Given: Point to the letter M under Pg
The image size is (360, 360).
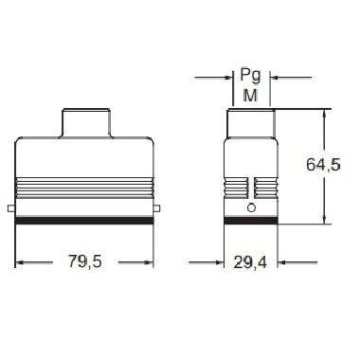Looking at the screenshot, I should point(251,95).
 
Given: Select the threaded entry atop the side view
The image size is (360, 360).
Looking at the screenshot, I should point(251,123).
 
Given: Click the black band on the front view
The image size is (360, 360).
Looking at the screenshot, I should point(85,221).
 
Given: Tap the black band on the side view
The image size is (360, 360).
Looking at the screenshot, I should point(251,221).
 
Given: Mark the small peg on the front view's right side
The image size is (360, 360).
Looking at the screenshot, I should point(160,208).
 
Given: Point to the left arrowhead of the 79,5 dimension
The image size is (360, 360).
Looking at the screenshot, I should point(21,263).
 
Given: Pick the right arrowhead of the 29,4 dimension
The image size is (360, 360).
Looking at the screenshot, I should point(275,263).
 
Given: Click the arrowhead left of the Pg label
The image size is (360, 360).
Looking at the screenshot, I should point(227,76).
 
